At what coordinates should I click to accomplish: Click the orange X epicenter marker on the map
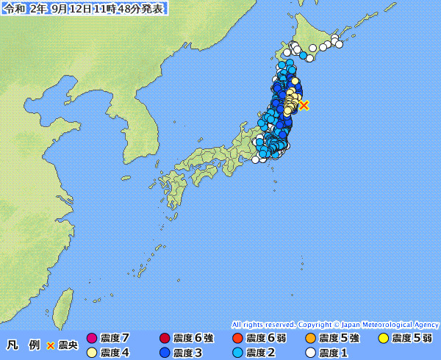304,105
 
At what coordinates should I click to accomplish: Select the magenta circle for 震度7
92,338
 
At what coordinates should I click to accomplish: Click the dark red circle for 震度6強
165,338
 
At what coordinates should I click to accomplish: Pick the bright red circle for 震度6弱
237,338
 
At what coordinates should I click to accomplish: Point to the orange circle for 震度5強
310,338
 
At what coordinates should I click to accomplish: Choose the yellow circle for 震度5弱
383,338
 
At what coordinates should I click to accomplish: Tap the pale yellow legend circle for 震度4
92,353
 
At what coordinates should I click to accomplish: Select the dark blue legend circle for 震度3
165,353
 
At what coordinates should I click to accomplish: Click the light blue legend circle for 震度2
237,353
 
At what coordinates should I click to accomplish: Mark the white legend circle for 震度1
310,353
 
